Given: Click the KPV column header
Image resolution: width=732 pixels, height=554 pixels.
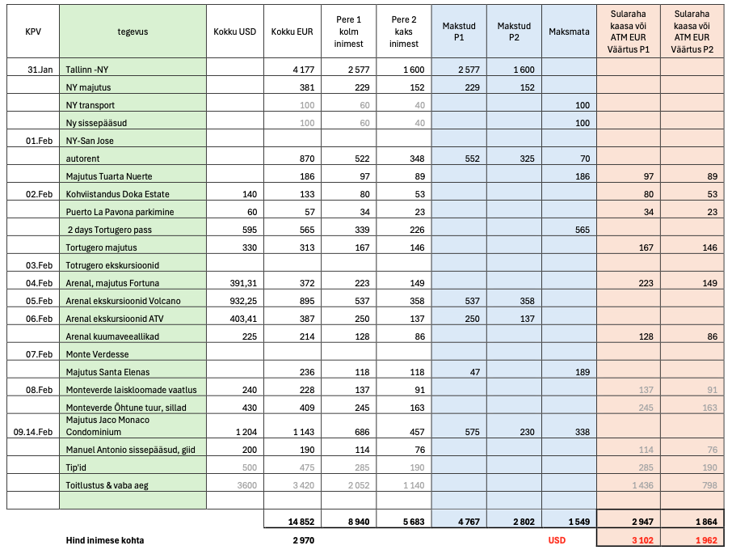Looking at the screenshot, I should (33, 32).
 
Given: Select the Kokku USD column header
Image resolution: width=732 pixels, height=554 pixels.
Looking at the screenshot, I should (234, 32).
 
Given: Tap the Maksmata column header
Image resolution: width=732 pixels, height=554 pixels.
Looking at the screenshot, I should (569, 32).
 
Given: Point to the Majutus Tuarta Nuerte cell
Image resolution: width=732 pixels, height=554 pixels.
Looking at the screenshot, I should (109, 176).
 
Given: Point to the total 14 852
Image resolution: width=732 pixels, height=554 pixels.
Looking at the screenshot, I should (299, 522).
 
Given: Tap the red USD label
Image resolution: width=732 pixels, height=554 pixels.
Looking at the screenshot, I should (557, 539).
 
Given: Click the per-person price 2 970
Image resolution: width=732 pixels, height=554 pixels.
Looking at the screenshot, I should (302, 539).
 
